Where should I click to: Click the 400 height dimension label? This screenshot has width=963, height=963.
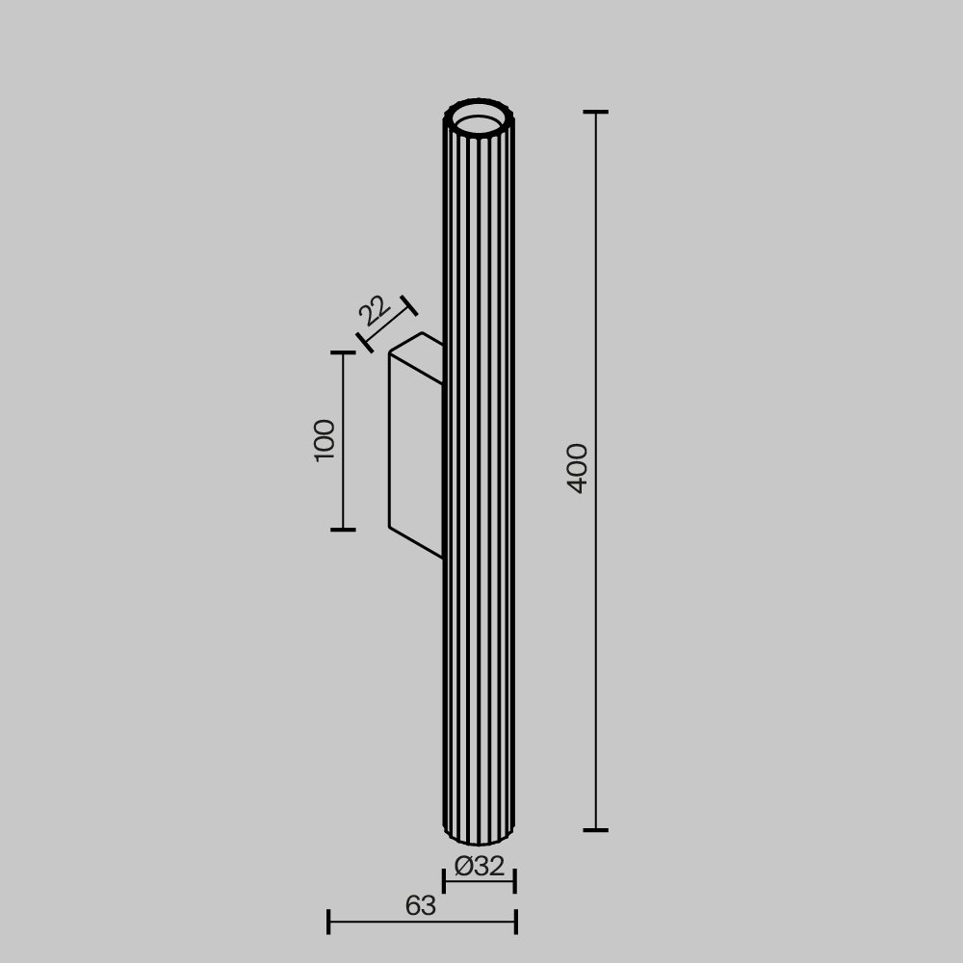577,468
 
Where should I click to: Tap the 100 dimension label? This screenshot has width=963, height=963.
325,440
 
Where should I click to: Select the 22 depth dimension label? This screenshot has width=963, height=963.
374,310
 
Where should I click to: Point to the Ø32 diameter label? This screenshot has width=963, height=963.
480,867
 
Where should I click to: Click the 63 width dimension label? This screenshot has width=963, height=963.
421,906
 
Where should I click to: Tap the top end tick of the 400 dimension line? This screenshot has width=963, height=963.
595,113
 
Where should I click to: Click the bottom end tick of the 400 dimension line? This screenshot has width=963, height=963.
595,829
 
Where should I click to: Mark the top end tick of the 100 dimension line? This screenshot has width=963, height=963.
343,353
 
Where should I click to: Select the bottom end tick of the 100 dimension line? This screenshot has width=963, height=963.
343,530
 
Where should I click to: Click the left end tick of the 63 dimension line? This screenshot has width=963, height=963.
328,922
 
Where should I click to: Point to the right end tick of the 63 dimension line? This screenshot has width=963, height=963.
516,922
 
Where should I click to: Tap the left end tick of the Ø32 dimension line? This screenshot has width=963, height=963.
444,880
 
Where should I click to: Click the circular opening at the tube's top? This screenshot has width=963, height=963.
479,122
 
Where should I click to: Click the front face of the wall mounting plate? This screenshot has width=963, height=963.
415,453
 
